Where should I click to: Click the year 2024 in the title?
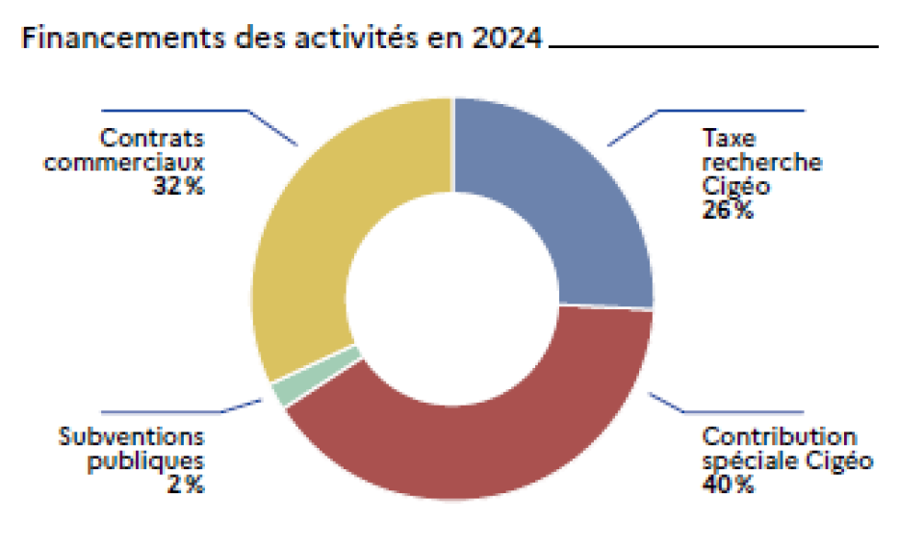tap(506, 39)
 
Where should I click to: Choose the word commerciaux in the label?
tap(125, 163)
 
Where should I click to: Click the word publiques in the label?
tap(146, 461)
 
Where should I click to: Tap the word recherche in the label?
tap(762, 162)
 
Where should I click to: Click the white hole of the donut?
tap(452, 299)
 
